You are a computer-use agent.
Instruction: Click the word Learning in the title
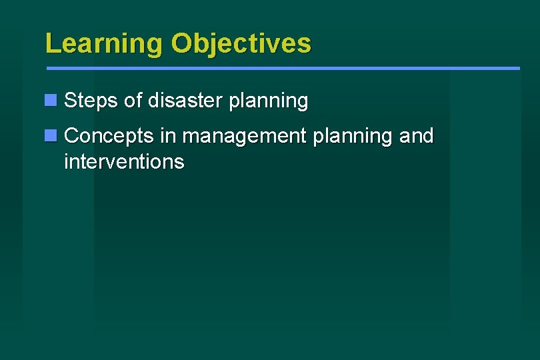pyautogui.click(x=103, y=43)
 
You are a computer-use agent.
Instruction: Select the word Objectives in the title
pyautogui.click(x=241, y=43)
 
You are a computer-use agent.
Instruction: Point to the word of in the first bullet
pyautogui.click(x=133, y=101)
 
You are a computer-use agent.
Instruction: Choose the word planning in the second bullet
pyautogui.click(x=352, y=137)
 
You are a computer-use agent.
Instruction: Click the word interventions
pyautogui.click(x=124, y=161)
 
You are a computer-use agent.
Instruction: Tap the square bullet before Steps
pyautogui.click(x=51, y=101)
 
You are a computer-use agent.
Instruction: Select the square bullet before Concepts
pyautogui.click(x=51, y=135)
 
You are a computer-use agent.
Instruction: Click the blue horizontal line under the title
pyautogui.click(x=283, y=68)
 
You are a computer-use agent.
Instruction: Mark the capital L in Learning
pyautogui.click(x=51, y=43)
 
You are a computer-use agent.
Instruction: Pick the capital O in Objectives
pyautogui.click(x=181, y=43)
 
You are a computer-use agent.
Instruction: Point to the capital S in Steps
pyautogui.click(x=71, y=101)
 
